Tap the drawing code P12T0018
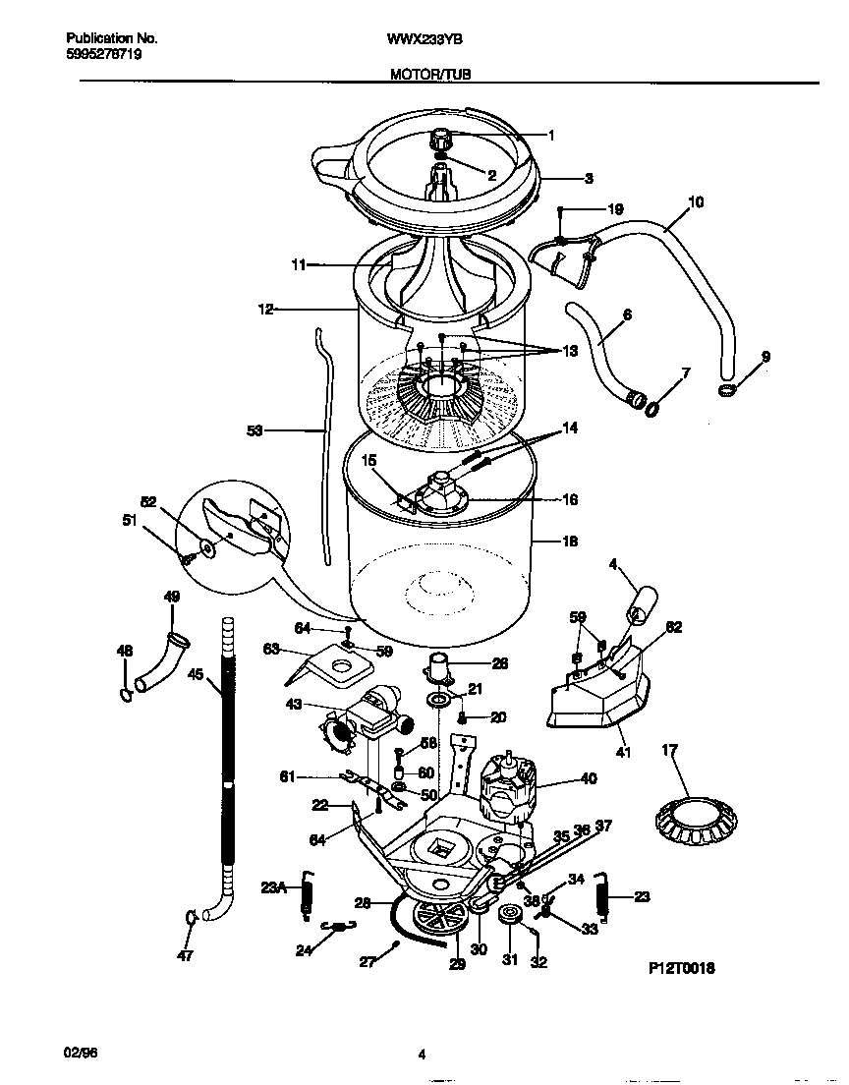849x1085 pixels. [681, 968]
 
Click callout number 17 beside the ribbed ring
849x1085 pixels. [670, 751]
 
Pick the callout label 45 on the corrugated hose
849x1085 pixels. [196, 674]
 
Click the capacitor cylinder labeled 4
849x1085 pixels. [642, 601]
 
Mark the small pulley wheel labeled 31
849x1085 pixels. [509, 917]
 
